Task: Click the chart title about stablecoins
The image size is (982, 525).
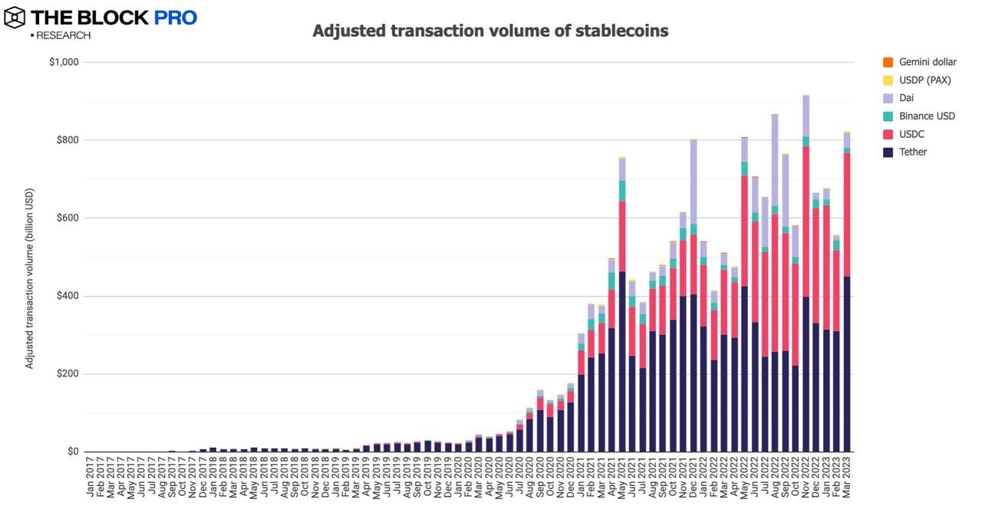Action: click(490, 31)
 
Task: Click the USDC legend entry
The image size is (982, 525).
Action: click(912, 134)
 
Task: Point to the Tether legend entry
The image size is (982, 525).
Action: click(913, 152)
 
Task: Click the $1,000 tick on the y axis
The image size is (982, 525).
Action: click(64, 62)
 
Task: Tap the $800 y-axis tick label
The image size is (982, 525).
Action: click(68, 140)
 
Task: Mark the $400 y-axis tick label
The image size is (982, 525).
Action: click(68, 297)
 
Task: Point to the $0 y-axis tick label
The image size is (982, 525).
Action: click(73, 452)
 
